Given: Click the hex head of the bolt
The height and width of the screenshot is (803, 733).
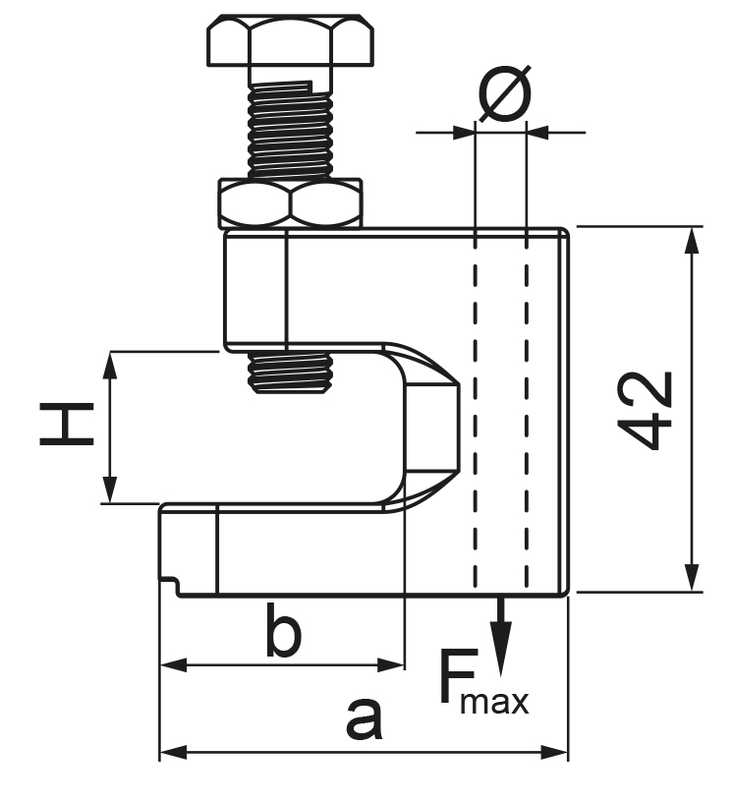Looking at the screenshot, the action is (x=290, y=41).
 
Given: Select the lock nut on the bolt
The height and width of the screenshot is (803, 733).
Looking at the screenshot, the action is (x=290, y=203).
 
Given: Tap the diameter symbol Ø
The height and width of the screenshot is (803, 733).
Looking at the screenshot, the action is (x=505, y=93).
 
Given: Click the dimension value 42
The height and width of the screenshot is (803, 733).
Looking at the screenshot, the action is (x=645, y=410).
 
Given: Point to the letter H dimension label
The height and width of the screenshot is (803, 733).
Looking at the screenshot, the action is (x=67, y=425).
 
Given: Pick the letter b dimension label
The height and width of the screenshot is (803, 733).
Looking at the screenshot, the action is (x=283, y=630).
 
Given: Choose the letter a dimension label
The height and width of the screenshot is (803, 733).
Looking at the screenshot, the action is (x=364, y=718).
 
